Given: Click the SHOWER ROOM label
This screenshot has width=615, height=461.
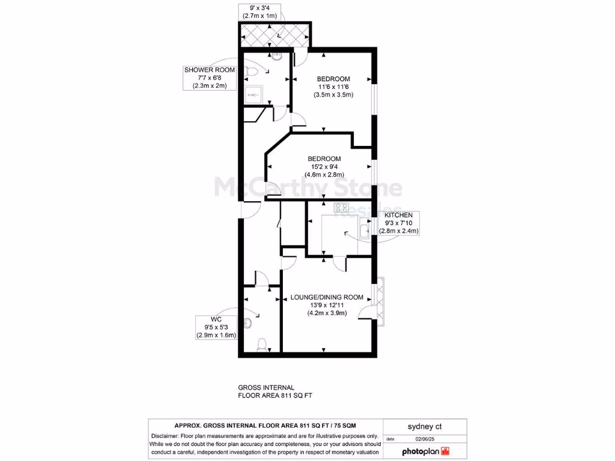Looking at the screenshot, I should click(x=209, y=70).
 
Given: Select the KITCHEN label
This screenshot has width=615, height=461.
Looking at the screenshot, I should click(x=398, y=215).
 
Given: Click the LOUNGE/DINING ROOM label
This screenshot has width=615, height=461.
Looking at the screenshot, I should click(x=327, y=297).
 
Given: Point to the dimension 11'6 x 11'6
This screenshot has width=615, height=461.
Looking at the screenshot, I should click(x=333, y=88).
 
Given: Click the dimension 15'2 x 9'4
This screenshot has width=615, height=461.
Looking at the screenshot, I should click(x=326, y=167).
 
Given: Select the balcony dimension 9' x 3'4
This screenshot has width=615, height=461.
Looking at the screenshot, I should click(x=259, y=8).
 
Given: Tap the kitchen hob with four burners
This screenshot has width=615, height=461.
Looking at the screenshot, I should click(x=342, y=208).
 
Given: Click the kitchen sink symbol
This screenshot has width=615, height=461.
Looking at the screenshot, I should click(x=365, y=227).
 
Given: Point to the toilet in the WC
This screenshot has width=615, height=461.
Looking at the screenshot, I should click(x=261, y=344).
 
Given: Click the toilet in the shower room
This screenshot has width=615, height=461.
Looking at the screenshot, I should click(x=252, y=72).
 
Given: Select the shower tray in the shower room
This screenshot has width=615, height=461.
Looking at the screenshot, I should click(x=252, y=94).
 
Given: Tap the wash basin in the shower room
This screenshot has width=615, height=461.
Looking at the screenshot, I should click(x=277, y=57).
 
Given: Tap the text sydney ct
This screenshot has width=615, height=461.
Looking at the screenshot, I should click(x=425, y=427).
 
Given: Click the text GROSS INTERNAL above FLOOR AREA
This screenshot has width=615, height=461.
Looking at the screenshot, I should click(x=266, y=388).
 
